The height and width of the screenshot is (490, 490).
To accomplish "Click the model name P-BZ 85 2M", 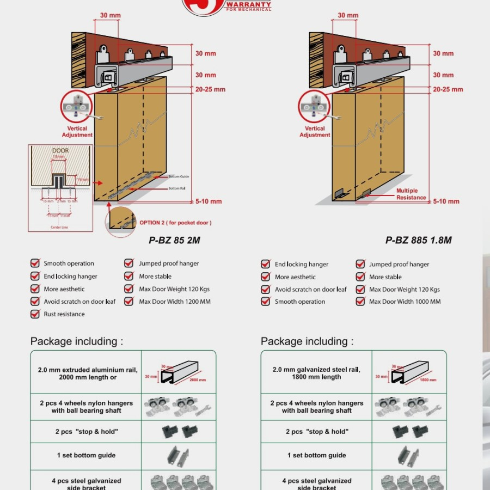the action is tap(170, 240).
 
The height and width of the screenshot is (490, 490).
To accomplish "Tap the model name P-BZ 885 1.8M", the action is tap(418, 240).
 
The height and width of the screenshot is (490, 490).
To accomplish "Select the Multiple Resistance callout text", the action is tap(411, 194).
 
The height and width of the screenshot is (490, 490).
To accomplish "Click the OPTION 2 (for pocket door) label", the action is tap(175, 223).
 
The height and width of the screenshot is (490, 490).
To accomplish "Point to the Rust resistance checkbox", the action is tap(35, 314).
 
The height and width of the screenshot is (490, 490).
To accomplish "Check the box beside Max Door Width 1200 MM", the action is tap(129, 302).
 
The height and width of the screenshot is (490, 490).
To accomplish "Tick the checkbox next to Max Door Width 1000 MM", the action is tap(360, 302).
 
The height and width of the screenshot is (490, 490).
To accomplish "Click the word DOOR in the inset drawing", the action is tap(60, 150).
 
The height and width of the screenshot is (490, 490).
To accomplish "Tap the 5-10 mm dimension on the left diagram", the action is tap(209, 201).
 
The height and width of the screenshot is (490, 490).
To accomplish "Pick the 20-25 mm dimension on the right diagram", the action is tap(448, 89).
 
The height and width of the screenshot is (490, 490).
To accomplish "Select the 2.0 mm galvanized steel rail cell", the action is tap(316, 373).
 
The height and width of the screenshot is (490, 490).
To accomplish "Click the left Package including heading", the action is tap(77, 341).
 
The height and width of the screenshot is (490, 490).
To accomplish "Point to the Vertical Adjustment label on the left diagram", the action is tap(77, 132).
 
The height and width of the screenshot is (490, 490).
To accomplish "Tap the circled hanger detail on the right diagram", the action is tap(314, 106).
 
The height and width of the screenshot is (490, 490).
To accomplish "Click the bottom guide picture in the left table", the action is tap(179, 455).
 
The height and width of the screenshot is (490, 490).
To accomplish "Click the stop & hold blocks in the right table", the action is tap(408, 432).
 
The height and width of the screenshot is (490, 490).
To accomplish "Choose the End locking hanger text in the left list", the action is tap(71, 277).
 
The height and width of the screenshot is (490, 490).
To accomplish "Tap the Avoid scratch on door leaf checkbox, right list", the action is tap(266, 290).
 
